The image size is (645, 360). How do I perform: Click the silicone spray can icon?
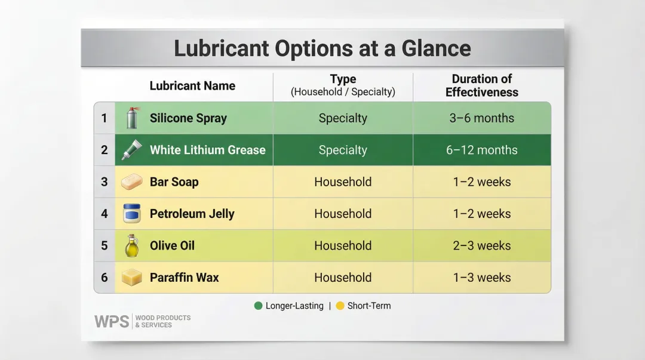click(x=132, y=118)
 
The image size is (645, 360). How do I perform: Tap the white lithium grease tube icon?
click(x=131, y=150)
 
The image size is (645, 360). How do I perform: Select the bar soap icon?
click(x=131, y=182)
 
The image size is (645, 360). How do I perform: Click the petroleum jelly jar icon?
click(x=131, y=214)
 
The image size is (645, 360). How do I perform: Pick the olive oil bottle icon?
click(x=131, y=245)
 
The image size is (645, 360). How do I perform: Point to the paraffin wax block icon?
click(x=131, y=277)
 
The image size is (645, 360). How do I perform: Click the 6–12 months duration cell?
click(x=481, y=150)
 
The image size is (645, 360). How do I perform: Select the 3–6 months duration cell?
click(x=481, y=118)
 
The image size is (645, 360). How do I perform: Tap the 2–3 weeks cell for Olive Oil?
click(x=481, y=245)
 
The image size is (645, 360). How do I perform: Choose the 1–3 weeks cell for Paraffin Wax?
click(x=481, y=277)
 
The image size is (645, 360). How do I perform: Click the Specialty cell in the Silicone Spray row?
click(x=342, y=118)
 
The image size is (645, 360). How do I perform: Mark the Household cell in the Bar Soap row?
click(x=342, y=182)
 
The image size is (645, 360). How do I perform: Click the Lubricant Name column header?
click(x=192, y=86)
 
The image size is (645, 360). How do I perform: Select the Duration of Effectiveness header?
click(x=481, y=86)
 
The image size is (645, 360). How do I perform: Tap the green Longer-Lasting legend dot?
click(x=258, y=306)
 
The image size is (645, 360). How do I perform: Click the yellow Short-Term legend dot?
click(x=340, y=306)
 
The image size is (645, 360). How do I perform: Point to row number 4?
click(x=105, y=214)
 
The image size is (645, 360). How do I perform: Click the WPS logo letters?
click(x=112, y=321)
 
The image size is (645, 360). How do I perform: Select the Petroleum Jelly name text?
click(x=192, y=214)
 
